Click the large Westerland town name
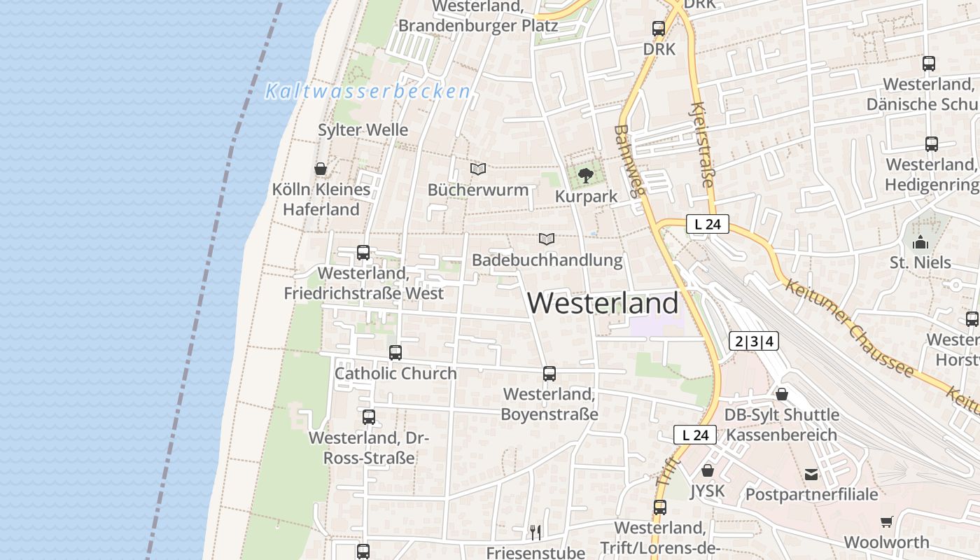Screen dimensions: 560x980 pyautogui.click(x=603, y=303)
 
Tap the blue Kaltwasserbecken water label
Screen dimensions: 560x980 pyautogui.click(x=367, y=91)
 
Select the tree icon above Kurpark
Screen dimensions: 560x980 pyautogui.click(x=586, y=175)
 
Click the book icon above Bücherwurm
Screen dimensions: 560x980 pyautogui.click(x=478, y=169)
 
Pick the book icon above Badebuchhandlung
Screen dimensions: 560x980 pyautogui.click(x=547, y=239)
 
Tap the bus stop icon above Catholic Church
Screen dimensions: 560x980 pyautogui.click(x=395, y=353)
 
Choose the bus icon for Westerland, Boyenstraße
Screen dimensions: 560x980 pyautogui.click(x=549, y=374)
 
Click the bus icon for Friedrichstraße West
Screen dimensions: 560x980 pyautogui.click(x=363, y=253)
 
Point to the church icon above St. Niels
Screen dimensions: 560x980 pyautogui.click(x=920, y=242)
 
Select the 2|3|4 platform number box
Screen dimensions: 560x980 pyautogui.click(x=753, y=342)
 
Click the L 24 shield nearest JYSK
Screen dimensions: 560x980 pyautogui.click(x=695, y=435)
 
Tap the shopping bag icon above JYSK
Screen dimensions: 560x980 pyautogui.click(x=708, y=470)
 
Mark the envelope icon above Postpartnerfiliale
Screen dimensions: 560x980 pyautogui.click(x=811, y=475)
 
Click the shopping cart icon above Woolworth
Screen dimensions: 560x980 pyautogui.click(x=887, y=521)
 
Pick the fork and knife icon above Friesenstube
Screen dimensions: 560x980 pyautogui.click(x=535, y=532)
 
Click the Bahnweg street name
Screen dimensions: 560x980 pyautogui.click(x=629, y=161)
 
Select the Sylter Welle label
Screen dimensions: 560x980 pyautogui.click(x=363, y=130)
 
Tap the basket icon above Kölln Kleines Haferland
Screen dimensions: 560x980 pyautogui.click(x=321, y=169)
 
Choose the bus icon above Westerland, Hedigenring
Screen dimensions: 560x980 pyautogui.click(x=932, y=144)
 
